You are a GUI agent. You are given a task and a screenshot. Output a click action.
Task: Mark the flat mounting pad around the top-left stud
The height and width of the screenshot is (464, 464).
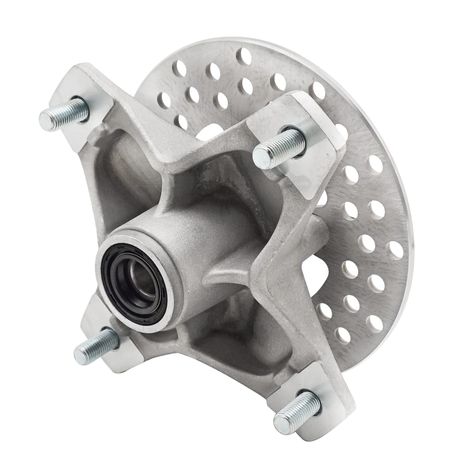[x=96, y=87]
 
